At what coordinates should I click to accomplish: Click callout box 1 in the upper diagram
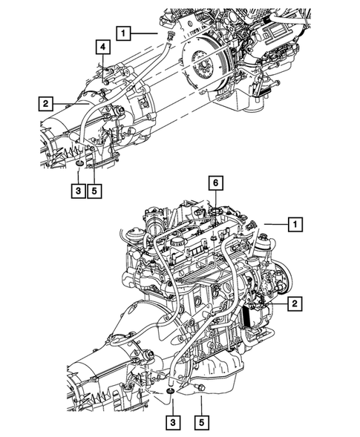coord(123,33)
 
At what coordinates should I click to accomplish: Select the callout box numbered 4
coord(103,47)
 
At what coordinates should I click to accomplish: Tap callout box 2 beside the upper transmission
coord(45,104)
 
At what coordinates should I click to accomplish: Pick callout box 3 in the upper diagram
coord(78,191)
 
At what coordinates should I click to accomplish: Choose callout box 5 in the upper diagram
coord(94,191)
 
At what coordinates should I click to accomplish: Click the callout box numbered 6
coord(216,183)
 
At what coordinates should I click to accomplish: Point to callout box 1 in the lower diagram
coord(295,224)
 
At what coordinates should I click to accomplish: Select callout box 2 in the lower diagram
coord(295,303)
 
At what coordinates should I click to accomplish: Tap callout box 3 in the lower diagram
coord(173,422)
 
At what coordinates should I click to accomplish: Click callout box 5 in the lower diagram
coord(201,422)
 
